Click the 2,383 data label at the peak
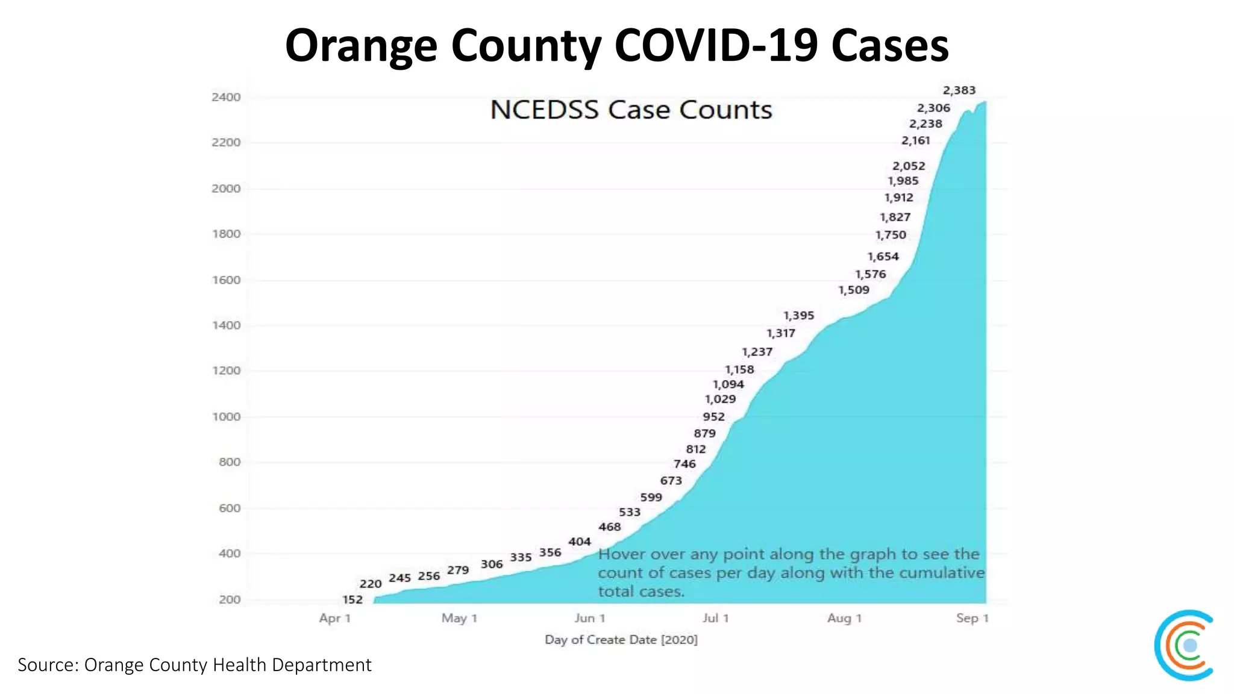959,90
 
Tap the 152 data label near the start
352,599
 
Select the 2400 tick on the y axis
226,97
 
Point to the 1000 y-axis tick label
226,416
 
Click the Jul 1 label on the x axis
715,618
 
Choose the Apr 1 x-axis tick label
334,618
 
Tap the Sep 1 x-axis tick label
972,618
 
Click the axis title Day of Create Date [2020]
621,640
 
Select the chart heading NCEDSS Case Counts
631,110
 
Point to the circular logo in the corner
1185,645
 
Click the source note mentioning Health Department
194,664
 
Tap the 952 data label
713,417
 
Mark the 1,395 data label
798,316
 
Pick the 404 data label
579,542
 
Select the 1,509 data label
854,290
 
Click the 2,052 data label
909,166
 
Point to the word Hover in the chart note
621,554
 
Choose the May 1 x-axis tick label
459,618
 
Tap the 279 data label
458,570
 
